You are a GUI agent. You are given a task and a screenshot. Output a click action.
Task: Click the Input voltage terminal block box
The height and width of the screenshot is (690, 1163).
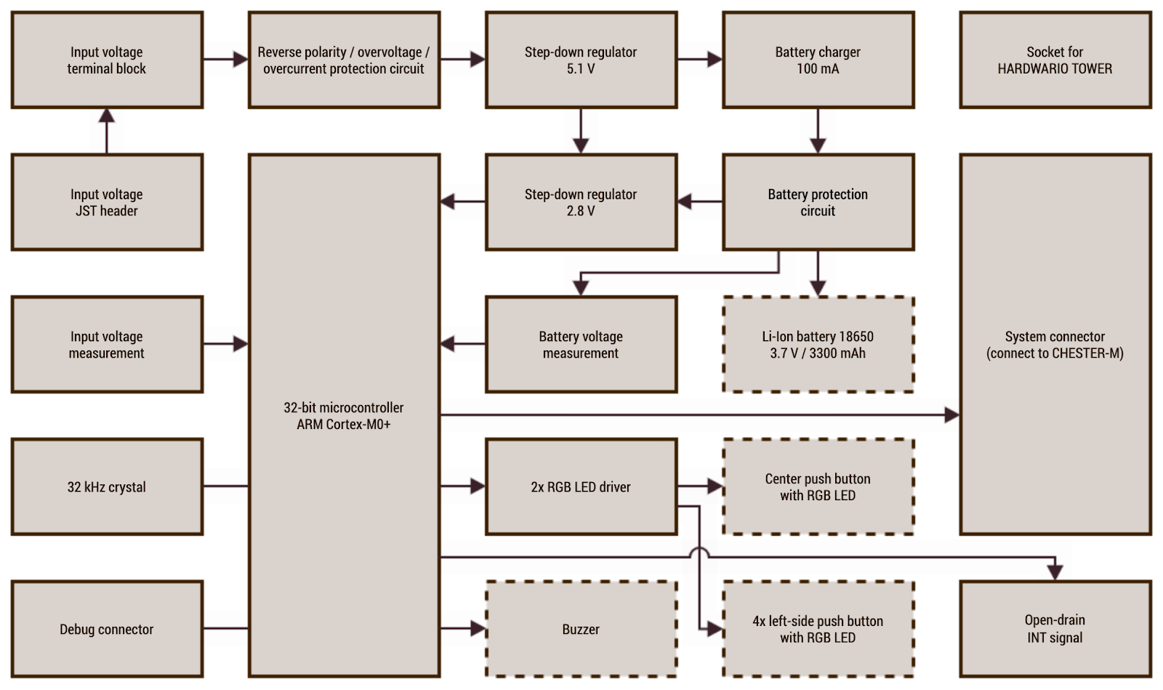(x=107, y=60)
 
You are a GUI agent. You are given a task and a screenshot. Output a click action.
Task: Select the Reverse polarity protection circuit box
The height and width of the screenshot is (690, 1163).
(x=344, y=60)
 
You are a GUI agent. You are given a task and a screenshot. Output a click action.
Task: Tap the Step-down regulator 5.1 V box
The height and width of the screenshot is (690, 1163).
(x=581, y=60)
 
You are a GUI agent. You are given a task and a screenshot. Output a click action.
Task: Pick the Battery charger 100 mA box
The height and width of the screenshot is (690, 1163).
(x=818, y=60)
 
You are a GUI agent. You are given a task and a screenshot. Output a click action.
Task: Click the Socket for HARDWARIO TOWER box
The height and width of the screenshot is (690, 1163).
(x=1055, y=60)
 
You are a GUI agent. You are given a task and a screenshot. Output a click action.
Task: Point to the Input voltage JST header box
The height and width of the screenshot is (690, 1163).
(x=107, y=202)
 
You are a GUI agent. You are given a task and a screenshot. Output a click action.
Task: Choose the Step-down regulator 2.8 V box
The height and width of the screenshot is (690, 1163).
(x=581, y=202)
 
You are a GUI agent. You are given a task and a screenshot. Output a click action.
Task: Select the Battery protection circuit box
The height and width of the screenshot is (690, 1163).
(x=818, y=202)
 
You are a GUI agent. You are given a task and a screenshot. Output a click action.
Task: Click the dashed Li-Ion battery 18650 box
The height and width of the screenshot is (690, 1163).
(x=818, y=345)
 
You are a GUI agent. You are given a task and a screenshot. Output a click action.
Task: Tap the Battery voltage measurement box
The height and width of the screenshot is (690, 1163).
(x=581, y=345)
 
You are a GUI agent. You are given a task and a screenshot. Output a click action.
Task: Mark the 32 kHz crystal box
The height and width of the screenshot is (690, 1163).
(x=107, y=487)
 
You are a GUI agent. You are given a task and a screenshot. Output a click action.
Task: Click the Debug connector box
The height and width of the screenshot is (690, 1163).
(x=107, y=629)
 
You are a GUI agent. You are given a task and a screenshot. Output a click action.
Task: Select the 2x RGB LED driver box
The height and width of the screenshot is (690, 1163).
(x=581, y=487)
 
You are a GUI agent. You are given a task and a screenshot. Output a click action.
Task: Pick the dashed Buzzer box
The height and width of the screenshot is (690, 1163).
(x=581, y=629)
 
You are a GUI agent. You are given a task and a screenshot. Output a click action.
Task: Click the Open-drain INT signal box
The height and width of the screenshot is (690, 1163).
(x=1055, y=629)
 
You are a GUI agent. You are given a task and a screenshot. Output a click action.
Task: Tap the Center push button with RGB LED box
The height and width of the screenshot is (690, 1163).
(x=818, y=487)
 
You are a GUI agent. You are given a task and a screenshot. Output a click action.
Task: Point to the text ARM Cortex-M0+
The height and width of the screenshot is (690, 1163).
(x=344, y=425)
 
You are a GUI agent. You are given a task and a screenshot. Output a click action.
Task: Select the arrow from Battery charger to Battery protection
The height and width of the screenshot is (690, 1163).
(x=818, y=132)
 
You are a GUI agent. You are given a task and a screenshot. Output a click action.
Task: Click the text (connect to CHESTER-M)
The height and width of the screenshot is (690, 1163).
(x=1055, y=353)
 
